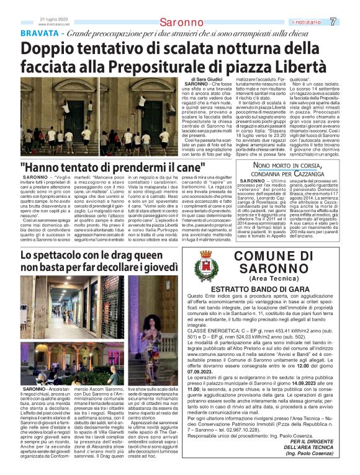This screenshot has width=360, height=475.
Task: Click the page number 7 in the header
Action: tap(350, 21)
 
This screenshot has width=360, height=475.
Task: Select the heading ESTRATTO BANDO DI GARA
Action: tap(270, 290)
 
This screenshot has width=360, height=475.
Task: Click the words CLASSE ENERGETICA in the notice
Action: tap(212, 331)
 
